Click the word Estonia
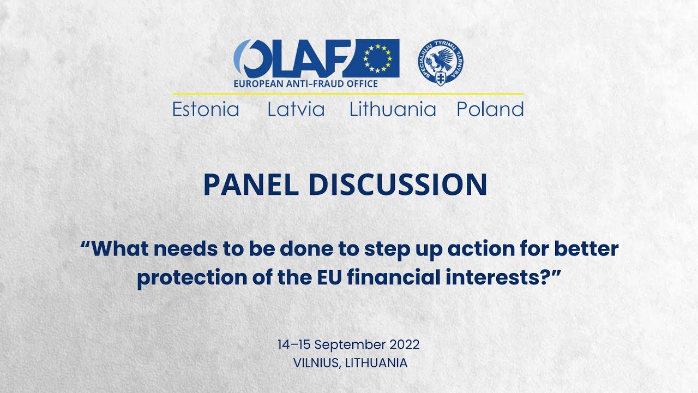point(206,110)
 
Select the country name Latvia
point(296,110)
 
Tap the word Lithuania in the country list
point(393,110)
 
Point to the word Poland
point(490,110)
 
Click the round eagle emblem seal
point(441,62)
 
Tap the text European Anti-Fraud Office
point(305,84)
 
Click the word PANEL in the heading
point(250,185)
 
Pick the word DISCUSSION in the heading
point(398,185)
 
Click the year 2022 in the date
point(405,345)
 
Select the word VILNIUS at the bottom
point(316,362)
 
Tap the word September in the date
point(351,345)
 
